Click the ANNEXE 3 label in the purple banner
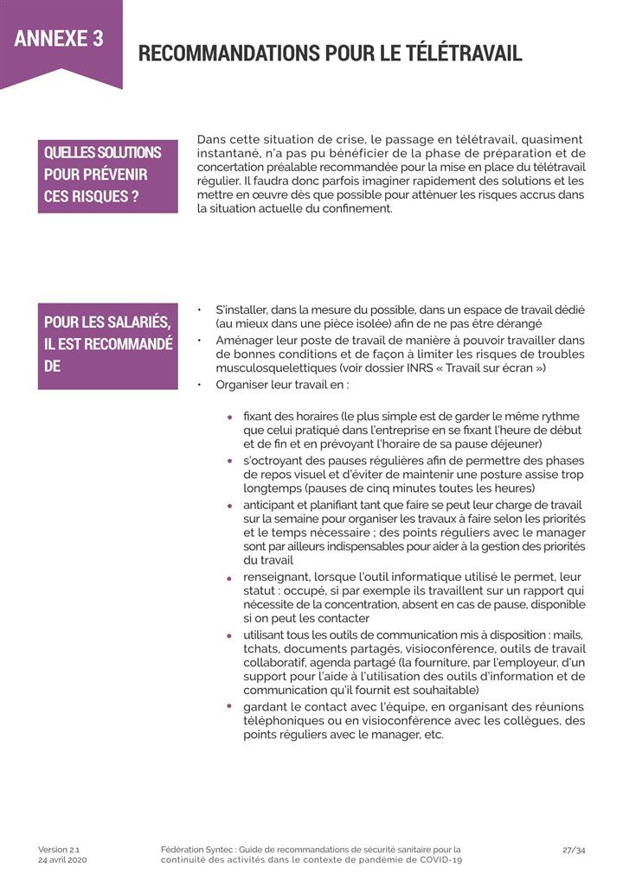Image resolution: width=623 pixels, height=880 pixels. coord(59,38)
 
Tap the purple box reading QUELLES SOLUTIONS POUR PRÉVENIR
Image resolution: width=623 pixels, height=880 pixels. coord(107,175)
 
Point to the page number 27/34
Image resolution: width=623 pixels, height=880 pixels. coord(574,850)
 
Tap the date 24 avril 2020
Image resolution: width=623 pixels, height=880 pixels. coord(62,861)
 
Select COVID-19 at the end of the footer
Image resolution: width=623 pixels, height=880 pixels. coord(440,861)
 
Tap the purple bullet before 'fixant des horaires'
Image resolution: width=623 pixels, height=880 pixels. coord(230,418)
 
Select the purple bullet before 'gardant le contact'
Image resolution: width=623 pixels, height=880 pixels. coord(230,707)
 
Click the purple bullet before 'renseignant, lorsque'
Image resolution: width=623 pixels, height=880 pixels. coord(230,577)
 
